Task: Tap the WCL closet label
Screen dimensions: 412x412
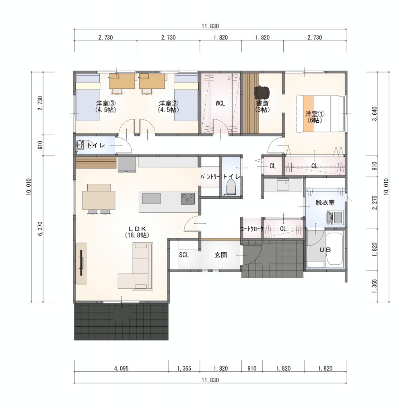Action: click(220, 103)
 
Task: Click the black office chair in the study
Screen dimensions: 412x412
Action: click(262, 92)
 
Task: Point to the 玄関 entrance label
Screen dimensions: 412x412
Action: click(220, 255)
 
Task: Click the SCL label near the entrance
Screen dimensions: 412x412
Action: click(184, 255)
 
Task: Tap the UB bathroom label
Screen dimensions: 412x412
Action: click(325, 249)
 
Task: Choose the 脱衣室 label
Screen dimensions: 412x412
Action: click(325, 203)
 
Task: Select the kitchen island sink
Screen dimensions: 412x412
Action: click(152, 199)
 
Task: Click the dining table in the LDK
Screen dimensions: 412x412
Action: click(99, 200)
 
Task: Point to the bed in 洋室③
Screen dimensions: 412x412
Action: click(88, 97)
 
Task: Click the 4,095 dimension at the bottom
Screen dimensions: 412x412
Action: click(122, 369)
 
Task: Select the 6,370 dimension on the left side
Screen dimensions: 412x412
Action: click(40, 229)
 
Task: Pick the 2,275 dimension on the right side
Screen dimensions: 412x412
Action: click(375, 202)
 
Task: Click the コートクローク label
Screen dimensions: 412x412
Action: click(252, 229)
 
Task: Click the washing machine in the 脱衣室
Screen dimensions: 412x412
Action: click(334, 218)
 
